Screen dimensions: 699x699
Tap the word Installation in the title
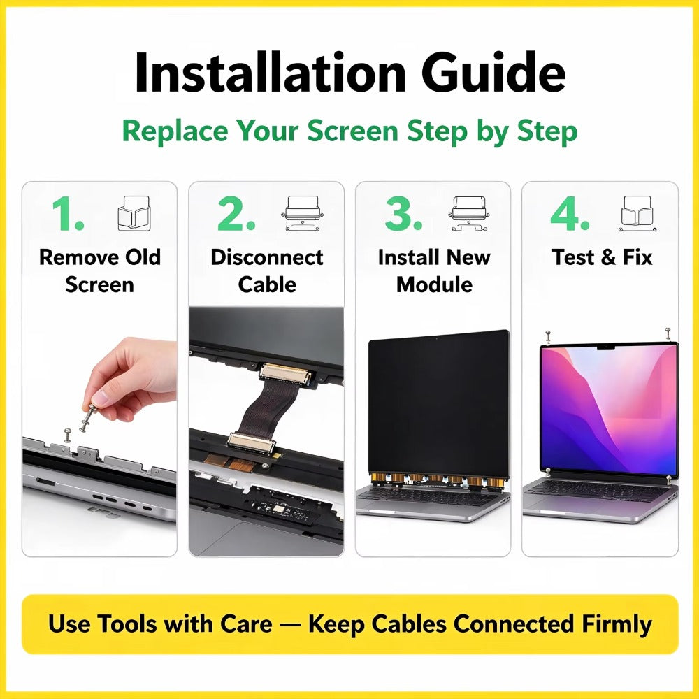tap(270, 72)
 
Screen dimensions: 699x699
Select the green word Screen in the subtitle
tap(352, 131)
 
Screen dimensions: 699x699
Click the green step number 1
tap(68, 215)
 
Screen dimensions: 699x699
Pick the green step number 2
tap(236, 214)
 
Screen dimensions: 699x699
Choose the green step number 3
tap(403, 214)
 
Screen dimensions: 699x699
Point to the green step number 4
tap(570, 214)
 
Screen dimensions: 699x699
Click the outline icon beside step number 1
tap(134, 213)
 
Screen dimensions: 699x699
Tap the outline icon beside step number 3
tap(469, 213)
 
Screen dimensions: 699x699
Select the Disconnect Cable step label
tap(266, 271)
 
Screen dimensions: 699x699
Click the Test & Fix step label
tap(602, 257)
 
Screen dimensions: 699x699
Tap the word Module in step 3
tap(434, 284)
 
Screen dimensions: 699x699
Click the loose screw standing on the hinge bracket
tap(67, 435)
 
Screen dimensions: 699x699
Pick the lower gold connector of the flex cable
tap(251, 441)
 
